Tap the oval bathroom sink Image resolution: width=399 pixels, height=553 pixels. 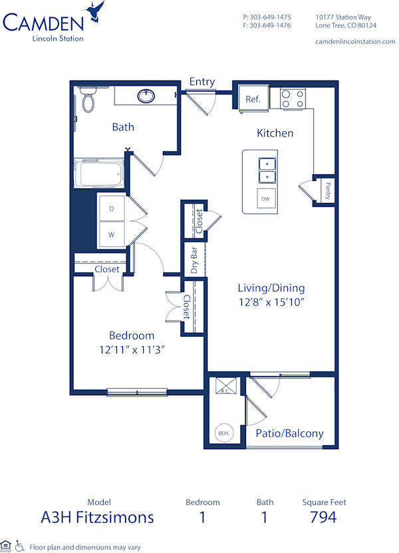(x=147, y=96)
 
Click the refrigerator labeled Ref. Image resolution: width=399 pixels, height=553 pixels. (x=253, y=99)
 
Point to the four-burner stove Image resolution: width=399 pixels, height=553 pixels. (x=293, y=99)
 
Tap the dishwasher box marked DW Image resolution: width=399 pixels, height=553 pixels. (x=265, y=198)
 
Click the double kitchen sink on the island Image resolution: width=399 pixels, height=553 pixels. (x=267, y=170)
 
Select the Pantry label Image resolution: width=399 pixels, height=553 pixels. (x=328, y=191)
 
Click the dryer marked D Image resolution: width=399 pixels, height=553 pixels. (x=112, y=209)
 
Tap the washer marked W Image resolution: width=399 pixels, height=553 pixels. (x=112, y=234)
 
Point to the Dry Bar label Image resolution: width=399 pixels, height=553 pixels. (x=195, y=261)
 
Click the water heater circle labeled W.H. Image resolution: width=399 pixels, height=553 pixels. (x=223, y=433)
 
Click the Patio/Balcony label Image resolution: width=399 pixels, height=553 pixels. (x=290, y=433)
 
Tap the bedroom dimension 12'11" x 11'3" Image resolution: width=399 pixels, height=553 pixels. (x=132, y=349)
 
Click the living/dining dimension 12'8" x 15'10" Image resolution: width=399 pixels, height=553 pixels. (x=271, y=301)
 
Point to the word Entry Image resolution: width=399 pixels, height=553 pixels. (x=201, y=82)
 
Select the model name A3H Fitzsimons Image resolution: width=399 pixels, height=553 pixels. (x=98, y=517)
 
